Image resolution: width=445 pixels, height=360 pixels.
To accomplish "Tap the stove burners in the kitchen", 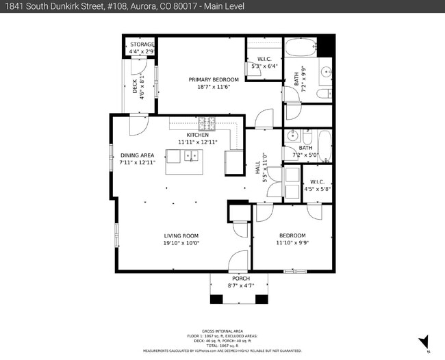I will (x=207, y=124).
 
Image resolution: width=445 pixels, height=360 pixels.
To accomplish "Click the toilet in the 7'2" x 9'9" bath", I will (x=325, y=93).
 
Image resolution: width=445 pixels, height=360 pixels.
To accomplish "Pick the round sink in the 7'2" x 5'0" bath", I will (x=292, y=135).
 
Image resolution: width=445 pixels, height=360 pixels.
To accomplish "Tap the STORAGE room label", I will (x=142, y=44).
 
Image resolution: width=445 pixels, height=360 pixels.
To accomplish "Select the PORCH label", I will (x=240, y=279).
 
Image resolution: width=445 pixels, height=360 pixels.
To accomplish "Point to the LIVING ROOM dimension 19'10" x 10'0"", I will (x=181, y=243).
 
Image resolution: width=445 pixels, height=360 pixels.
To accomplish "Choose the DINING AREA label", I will (x=137, y=155).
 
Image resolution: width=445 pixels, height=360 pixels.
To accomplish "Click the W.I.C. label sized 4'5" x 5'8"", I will (x=318, y=185).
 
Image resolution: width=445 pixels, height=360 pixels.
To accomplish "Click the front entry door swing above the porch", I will (x=238, y=260).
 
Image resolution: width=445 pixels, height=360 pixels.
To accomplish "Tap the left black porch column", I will (x=216, y=299).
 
